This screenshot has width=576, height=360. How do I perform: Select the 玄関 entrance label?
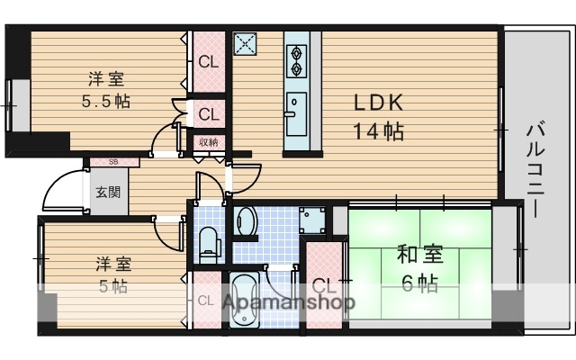coord(108,192)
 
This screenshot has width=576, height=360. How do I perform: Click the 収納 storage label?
coord(209,142)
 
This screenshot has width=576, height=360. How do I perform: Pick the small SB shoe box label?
coord(113,162)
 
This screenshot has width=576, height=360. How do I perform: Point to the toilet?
coord(208,239)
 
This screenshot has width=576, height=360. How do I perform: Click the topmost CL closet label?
coord(208,62)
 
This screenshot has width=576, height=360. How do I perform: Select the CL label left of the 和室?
coord(323,287)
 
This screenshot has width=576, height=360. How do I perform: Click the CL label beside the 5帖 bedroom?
coord(206,301)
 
